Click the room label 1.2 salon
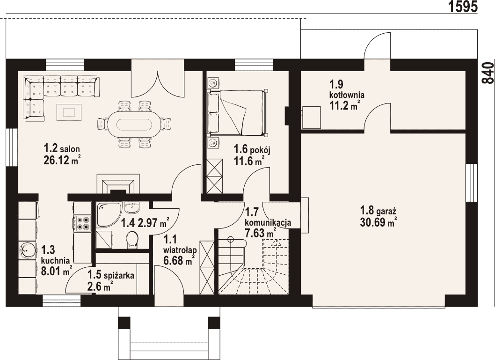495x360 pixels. pos(62,148)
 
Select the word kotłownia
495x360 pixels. pos(347,95)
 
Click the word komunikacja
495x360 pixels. pos(268,222)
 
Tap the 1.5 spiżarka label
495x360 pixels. pos(111,275)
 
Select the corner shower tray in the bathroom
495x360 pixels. pos(109,214)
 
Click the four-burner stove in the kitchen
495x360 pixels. pos(83,223)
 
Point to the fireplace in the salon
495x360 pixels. pos(118,184)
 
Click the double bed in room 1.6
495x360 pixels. pos(237,112)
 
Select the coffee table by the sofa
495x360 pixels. pos(69,112)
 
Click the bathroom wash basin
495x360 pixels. pos(132,207)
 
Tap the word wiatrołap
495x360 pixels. pos(180,250)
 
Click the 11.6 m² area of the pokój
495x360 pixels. pos(249,162)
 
